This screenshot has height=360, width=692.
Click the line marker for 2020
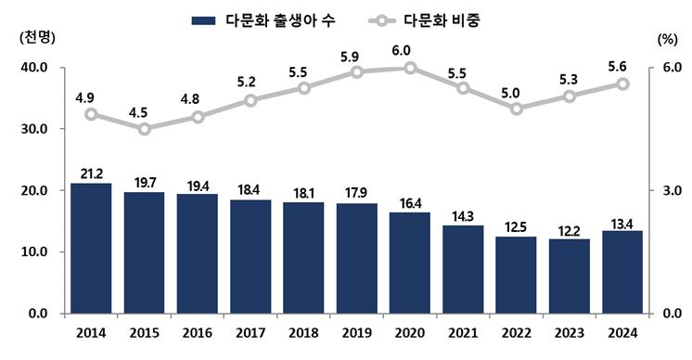[x=409, y=68]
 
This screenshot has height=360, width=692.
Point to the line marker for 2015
[x=144, y=129]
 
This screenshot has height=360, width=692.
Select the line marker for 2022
[x=516, y=109]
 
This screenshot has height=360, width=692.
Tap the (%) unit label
[x=667, y=39]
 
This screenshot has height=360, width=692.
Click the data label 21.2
[x=91, y=173]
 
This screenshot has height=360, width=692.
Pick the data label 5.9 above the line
[x=356, y=56]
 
